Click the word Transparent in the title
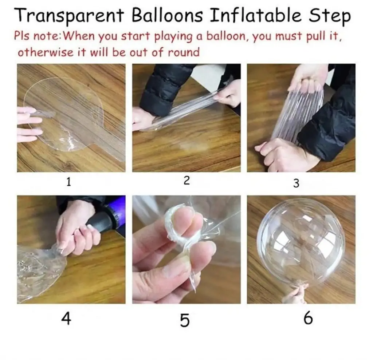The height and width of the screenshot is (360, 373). [70, 16]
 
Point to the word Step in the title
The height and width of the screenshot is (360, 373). [330, 16]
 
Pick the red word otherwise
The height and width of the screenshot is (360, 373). [46, 52]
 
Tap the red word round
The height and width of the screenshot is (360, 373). [183, 52]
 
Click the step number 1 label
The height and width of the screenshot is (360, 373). [68, 182]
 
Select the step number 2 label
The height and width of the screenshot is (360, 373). [187, 181]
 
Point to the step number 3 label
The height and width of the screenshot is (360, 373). [296, 183]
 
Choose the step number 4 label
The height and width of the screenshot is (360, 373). [66, 319]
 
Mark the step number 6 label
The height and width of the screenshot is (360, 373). [308, 317]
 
